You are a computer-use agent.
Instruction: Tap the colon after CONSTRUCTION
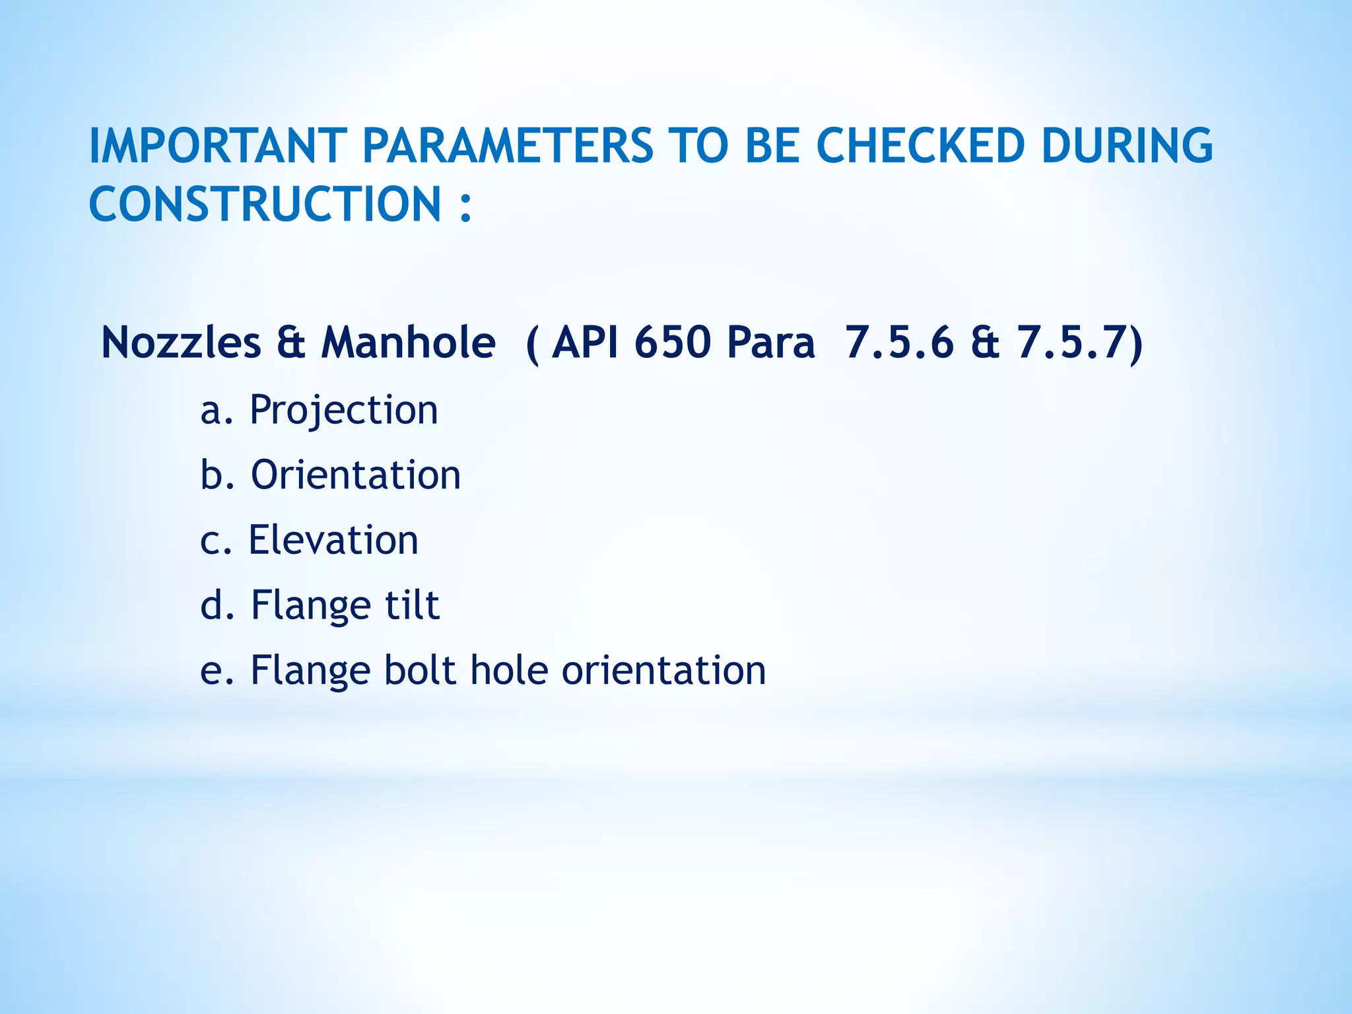[x=465, y=206]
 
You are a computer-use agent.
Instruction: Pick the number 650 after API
[x=673, y=343]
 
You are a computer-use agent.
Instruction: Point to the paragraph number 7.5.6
[x=899, y=343]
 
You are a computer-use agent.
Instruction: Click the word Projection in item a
[x=343, y=411]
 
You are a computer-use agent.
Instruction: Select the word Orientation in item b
[x=356, y=475]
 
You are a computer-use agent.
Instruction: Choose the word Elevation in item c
[x=333, y=540]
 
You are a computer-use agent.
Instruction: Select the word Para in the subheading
[x=770, y=343]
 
